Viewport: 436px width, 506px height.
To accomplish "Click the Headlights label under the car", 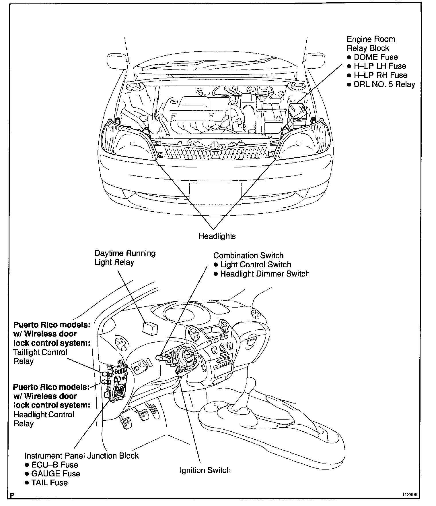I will pos(217,236).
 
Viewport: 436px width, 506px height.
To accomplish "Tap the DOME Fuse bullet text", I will pos(375,57).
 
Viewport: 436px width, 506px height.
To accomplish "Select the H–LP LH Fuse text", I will pos(379,66).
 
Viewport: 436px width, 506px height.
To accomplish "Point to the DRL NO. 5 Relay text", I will pos(384,84).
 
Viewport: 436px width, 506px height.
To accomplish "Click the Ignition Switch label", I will pos(205,470).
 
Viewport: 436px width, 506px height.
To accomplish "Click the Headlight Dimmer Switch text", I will pos(265,274).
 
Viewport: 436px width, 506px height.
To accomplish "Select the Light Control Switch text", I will pos(256,264).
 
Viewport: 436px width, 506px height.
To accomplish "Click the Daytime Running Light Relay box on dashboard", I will pos(150,328).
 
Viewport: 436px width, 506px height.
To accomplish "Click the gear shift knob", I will pos(250,383).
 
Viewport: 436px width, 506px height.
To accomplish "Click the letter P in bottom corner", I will pos(12,495).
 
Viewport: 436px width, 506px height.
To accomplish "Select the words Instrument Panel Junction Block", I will pos(81,456).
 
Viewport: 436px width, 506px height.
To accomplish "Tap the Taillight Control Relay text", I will pos(40,356).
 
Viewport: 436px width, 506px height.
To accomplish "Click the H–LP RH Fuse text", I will pos(380,75).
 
